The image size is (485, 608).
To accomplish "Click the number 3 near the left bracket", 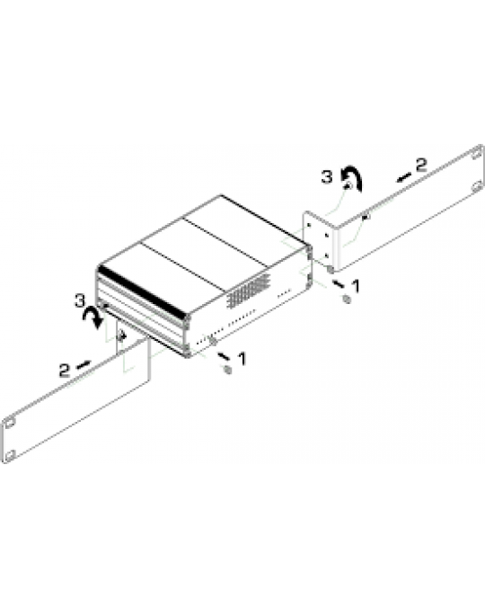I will tap(82, 299).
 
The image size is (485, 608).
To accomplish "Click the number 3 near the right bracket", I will tap(326, 177).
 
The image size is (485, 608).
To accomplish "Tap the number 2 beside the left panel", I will tap(63, 369).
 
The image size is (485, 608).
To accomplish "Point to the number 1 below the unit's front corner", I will tap(240, 358).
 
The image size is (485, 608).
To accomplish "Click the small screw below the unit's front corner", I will tap(226, 369).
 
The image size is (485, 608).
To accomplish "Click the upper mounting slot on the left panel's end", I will tap(10, 422).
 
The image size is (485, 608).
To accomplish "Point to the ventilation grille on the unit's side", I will tap(247, 290).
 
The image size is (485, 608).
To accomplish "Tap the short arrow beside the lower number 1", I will tap(224, 353).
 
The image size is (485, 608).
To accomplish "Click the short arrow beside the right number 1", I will tap(339, 282).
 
